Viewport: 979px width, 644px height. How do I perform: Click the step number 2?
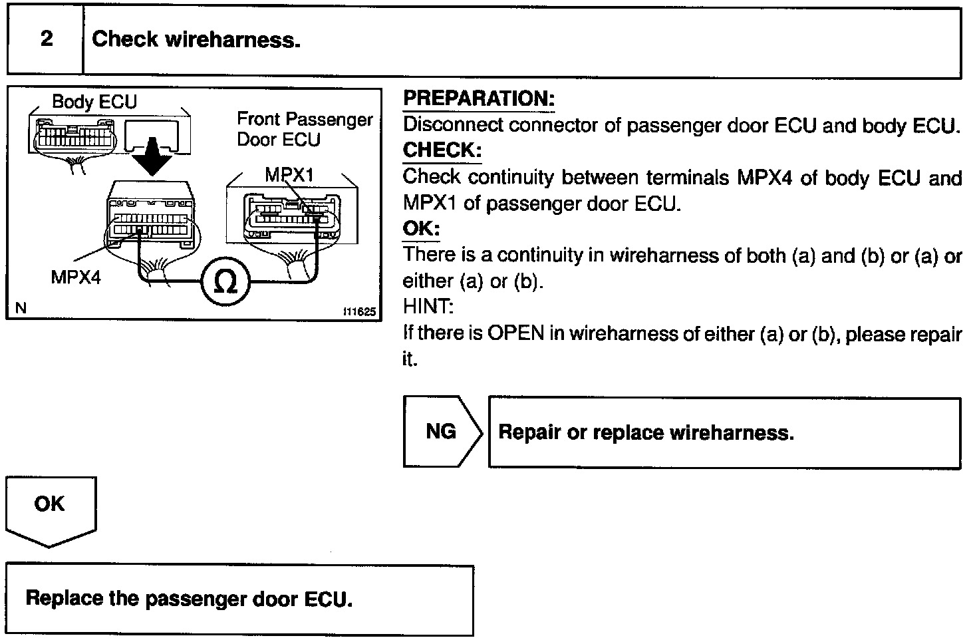[47, 39]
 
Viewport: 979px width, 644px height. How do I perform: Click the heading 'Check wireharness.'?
[196, 39]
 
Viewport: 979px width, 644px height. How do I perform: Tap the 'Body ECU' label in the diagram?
[94, 101]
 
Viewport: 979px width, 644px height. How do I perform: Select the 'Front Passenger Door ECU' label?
[305, 129]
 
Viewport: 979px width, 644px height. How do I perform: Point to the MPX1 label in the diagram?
[289, 175]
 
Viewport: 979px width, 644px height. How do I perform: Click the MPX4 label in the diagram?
[76, 277]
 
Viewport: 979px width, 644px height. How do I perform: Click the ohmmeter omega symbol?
[225, 281]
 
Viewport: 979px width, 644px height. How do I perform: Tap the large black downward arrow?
[152, 156]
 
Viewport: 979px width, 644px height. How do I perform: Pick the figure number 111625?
[359, 311]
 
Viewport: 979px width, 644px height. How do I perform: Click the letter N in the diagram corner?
[21, 308]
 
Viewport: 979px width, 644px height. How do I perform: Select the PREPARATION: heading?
[479, 98]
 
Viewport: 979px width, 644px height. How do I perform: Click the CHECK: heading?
[442, 150]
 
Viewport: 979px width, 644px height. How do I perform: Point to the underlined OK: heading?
[421, 228]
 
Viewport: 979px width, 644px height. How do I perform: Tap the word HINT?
[428, 307]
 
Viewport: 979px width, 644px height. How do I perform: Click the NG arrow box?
[442, 432]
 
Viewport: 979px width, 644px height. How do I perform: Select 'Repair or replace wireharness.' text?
[646, 432]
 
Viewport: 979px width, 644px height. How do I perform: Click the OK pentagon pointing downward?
[51, 512]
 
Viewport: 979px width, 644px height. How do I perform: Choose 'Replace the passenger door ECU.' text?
[189, 599]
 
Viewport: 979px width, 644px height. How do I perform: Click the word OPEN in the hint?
[515, 333]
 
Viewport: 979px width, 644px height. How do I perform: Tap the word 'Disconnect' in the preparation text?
[453, 124]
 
